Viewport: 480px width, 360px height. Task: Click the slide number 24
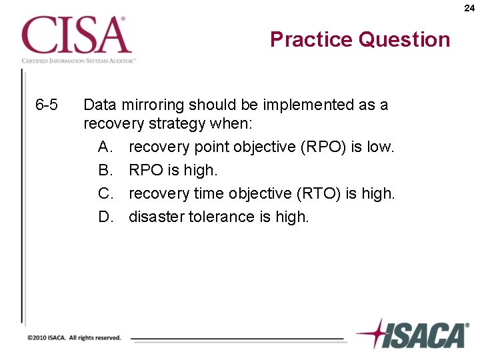[x=469, y=8]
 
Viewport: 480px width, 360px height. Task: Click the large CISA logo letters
[x=76, y=36]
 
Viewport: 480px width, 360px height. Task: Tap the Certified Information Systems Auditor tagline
[x=79, y=60]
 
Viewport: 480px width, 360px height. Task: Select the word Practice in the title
[x=311, y=40]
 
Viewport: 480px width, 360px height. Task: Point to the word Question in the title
[x=404, y=40]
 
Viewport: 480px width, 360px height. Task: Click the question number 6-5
[x=47, y=105]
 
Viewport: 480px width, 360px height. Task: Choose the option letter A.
[x=106, y=147]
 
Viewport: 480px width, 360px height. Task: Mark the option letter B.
[x=106, y=170]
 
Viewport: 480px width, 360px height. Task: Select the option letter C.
[x=106, y=193]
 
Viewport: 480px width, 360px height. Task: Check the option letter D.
[x=106, y=217]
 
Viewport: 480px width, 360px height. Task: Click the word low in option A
[x=381, y=147]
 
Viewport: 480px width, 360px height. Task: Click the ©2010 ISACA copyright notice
[x=74, y=338]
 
